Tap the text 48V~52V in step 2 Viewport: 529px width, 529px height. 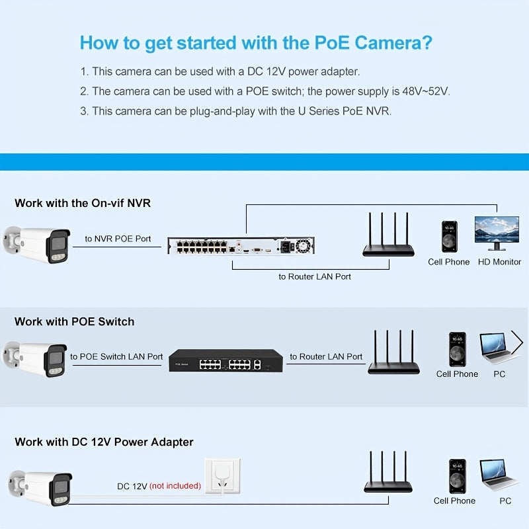426,91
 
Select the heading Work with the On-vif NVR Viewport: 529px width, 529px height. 83,203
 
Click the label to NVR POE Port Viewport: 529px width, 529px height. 118,239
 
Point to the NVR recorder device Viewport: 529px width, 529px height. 241,245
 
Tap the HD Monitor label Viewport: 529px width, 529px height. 499,262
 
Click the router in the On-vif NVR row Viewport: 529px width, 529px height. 388,235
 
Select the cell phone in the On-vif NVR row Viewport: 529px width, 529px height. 450,237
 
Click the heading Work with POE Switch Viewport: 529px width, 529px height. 75,321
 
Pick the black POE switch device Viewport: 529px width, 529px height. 225,360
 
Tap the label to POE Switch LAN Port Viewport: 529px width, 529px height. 116,356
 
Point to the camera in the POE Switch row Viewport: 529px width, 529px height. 35,359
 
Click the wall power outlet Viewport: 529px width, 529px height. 223,475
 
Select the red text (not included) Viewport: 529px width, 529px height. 175,486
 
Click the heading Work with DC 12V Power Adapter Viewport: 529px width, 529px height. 104,442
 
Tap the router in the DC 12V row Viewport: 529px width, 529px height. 388,472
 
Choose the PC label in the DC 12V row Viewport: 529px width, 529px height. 505,501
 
